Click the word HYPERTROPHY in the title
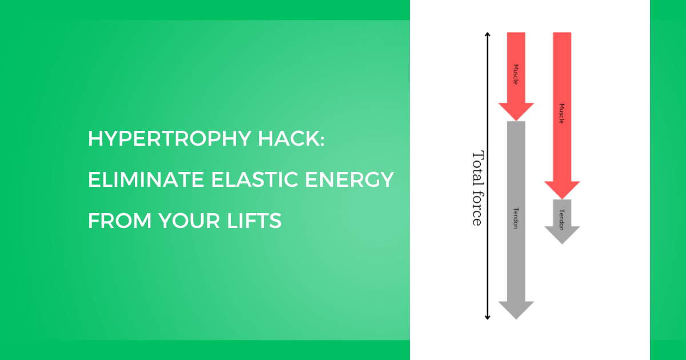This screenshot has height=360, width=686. [x=170, y=139]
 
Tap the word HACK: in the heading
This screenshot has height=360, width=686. [x=291, y=139]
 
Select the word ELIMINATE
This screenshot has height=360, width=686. [x=146, y=179]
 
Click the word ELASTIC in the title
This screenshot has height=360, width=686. [x=254, y=179]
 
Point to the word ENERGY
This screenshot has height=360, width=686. [x=349, y=179]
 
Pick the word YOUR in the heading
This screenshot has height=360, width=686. [x=189, y=221]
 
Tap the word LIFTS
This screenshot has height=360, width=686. [x=254, y=221]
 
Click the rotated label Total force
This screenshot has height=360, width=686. [x=477, y=188]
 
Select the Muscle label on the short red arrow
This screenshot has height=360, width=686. [x=516, y=74]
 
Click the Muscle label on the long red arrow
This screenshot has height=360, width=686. [x=561, y=114]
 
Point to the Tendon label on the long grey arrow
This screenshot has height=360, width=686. [x=516, y=218]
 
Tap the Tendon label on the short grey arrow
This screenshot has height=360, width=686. [x=561, y=219]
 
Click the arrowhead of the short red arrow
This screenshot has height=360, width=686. [x=516, y=112]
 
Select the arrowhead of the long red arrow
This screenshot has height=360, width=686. [x=562, y=190]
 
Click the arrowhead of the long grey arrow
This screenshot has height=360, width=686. [x=516, y=310]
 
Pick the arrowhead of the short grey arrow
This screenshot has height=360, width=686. [x=562, y=235]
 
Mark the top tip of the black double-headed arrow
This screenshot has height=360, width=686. [x=488, y=33]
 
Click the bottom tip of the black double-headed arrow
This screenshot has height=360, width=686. [x=488, y=320]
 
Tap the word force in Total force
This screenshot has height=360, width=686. [x=477, y=209]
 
